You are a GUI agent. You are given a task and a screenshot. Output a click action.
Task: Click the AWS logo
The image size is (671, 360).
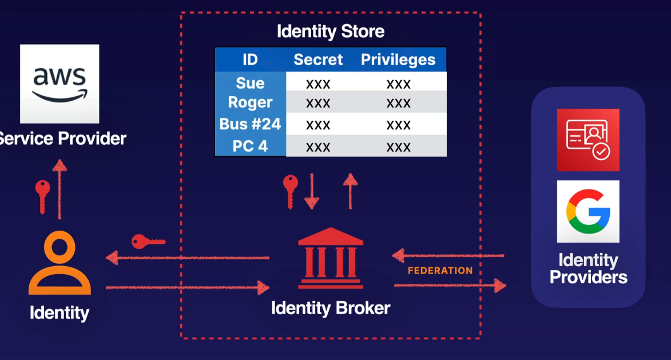click(x=59, y=84)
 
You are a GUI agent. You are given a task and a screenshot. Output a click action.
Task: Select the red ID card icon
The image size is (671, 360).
click(x=588, y=140)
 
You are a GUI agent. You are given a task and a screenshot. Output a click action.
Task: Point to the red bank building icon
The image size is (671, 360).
click(x=331, y=258)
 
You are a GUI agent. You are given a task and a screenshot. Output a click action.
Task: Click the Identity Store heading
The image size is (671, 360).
click(x=331, y=31)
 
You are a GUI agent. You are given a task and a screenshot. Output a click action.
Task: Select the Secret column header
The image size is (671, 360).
click(x=318, y=60)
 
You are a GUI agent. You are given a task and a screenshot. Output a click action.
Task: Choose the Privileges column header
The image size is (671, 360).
click(x=398, y=60)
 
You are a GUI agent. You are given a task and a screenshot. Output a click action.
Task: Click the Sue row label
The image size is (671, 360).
click(x=250, y=83)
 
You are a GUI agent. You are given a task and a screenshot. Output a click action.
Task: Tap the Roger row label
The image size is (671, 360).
click(x=250, y=103)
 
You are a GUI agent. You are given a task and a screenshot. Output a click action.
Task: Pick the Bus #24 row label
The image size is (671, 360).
click(x=250, y=124)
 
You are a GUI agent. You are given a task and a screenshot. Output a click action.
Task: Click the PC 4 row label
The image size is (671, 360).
click(x=250, y=146)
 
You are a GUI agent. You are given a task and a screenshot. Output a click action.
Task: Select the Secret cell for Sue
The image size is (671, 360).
click(x=318, y=84)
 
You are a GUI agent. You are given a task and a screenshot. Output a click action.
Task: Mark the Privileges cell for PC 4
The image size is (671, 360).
click(x=398, y=147)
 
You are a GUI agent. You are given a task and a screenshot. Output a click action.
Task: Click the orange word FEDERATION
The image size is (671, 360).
click(x=440, y=271)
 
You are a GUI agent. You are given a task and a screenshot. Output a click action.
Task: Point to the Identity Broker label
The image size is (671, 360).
click(x=331, y=308)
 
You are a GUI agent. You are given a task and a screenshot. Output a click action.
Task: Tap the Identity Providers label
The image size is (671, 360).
click(x=588, y=269)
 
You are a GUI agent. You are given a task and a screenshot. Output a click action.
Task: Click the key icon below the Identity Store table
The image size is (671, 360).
click(x=291, y=190)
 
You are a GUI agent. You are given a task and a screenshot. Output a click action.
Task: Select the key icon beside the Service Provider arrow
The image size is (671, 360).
click(x=42, y=195)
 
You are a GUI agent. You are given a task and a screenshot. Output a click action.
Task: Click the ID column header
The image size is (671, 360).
click(x=250, y=60)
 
